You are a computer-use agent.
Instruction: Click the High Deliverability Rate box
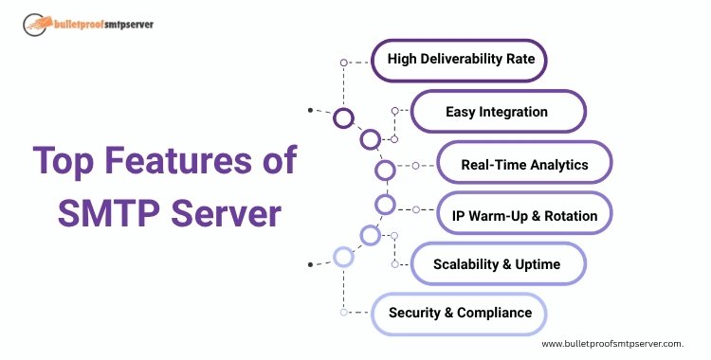pos(460,60)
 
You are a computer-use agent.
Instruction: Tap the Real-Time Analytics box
pos(524,164)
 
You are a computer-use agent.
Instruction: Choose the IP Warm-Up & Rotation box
pos(524,215)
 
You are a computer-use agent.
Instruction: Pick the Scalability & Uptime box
pos(497,263)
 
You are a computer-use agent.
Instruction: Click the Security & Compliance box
pos(460,313)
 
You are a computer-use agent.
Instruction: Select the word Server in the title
pos(228,213)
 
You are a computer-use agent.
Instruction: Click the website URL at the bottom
pos(612,345)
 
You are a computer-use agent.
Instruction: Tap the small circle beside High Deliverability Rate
pos(343,63)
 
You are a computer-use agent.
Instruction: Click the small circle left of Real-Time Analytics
pos(415,165)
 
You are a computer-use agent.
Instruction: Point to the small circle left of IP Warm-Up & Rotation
pos(415,209)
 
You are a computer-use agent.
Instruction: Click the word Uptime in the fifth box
pos(538,263)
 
